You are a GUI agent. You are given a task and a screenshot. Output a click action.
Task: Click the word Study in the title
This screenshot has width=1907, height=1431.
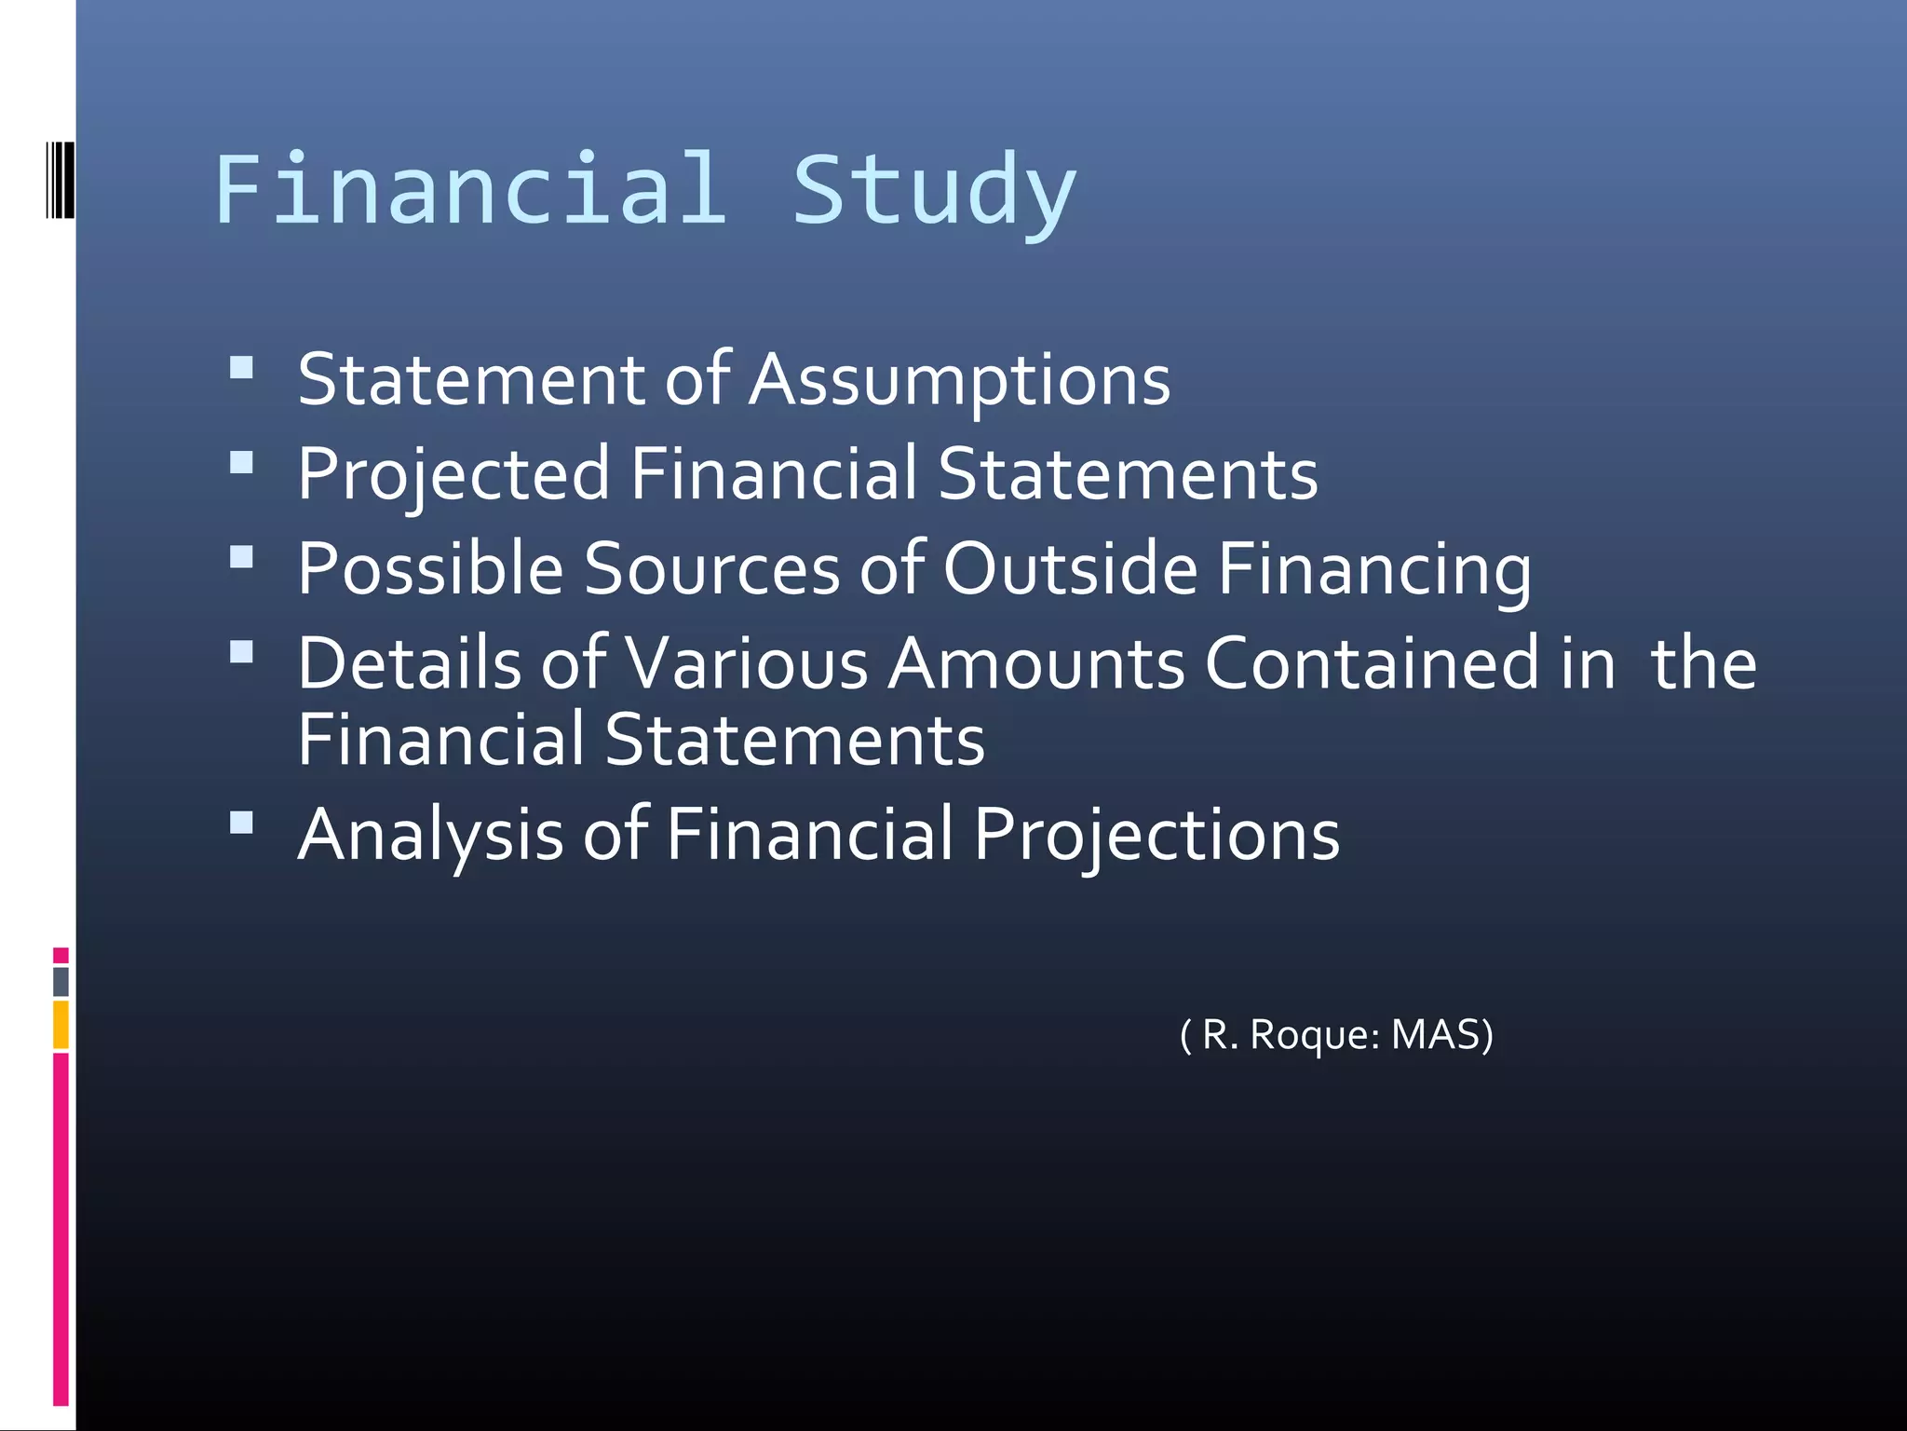934,191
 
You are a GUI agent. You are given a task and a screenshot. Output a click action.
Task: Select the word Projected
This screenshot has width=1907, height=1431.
453,474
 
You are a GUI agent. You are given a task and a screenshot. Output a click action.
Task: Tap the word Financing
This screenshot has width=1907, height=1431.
1374,570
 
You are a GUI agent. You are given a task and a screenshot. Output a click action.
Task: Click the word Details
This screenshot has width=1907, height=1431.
410,663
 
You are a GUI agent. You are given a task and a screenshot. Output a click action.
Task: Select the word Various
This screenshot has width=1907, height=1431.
747,663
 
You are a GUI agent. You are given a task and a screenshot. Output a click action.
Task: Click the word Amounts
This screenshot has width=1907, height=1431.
1036,663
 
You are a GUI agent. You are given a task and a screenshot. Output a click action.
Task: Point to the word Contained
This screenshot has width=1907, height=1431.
1373,663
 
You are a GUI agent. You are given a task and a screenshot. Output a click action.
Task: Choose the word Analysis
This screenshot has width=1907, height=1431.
430,835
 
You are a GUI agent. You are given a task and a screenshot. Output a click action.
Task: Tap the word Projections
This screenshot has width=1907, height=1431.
1156,835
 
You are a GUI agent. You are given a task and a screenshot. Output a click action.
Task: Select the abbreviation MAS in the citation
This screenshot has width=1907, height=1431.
1441,1035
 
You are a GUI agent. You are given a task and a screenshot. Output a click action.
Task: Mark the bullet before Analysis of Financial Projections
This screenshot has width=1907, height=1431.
241,822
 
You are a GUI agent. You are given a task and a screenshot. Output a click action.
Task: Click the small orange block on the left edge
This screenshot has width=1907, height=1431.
61,1024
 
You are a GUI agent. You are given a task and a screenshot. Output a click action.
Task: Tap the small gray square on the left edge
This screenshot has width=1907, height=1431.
61,981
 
